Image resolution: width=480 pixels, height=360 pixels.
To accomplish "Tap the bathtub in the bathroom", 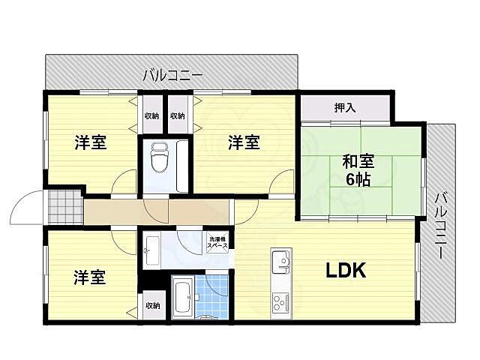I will pos(182,298).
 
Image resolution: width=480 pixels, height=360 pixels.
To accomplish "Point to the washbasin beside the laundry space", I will pos(150,249).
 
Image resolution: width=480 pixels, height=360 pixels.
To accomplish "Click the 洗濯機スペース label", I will pos(217,242).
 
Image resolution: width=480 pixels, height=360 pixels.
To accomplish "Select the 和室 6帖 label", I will pos(358,170).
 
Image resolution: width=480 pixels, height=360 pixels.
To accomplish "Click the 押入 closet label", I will pos(345,108).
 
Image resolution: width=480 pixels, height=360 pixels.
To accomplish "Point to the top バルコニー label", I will pos(173,74).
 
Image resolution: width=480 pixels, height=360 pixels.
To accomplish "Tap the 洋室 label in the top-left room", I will pos(90,142).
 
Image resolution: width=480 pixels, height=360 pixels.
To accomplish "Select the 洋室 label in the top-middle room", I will pos(244,142).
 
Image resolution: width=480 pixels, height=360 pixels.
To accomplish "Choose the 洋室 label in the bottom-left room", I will pos(90,277).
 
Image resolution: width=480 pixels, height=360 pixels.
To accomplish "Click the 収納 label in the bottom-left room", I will pos(152,305).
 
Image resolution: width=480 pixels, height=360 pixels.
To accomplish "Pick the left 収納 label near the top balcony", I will pos(151,116).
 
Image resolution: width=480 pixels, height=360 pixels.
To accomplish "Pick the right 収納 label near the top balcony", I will pos(178,116).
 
